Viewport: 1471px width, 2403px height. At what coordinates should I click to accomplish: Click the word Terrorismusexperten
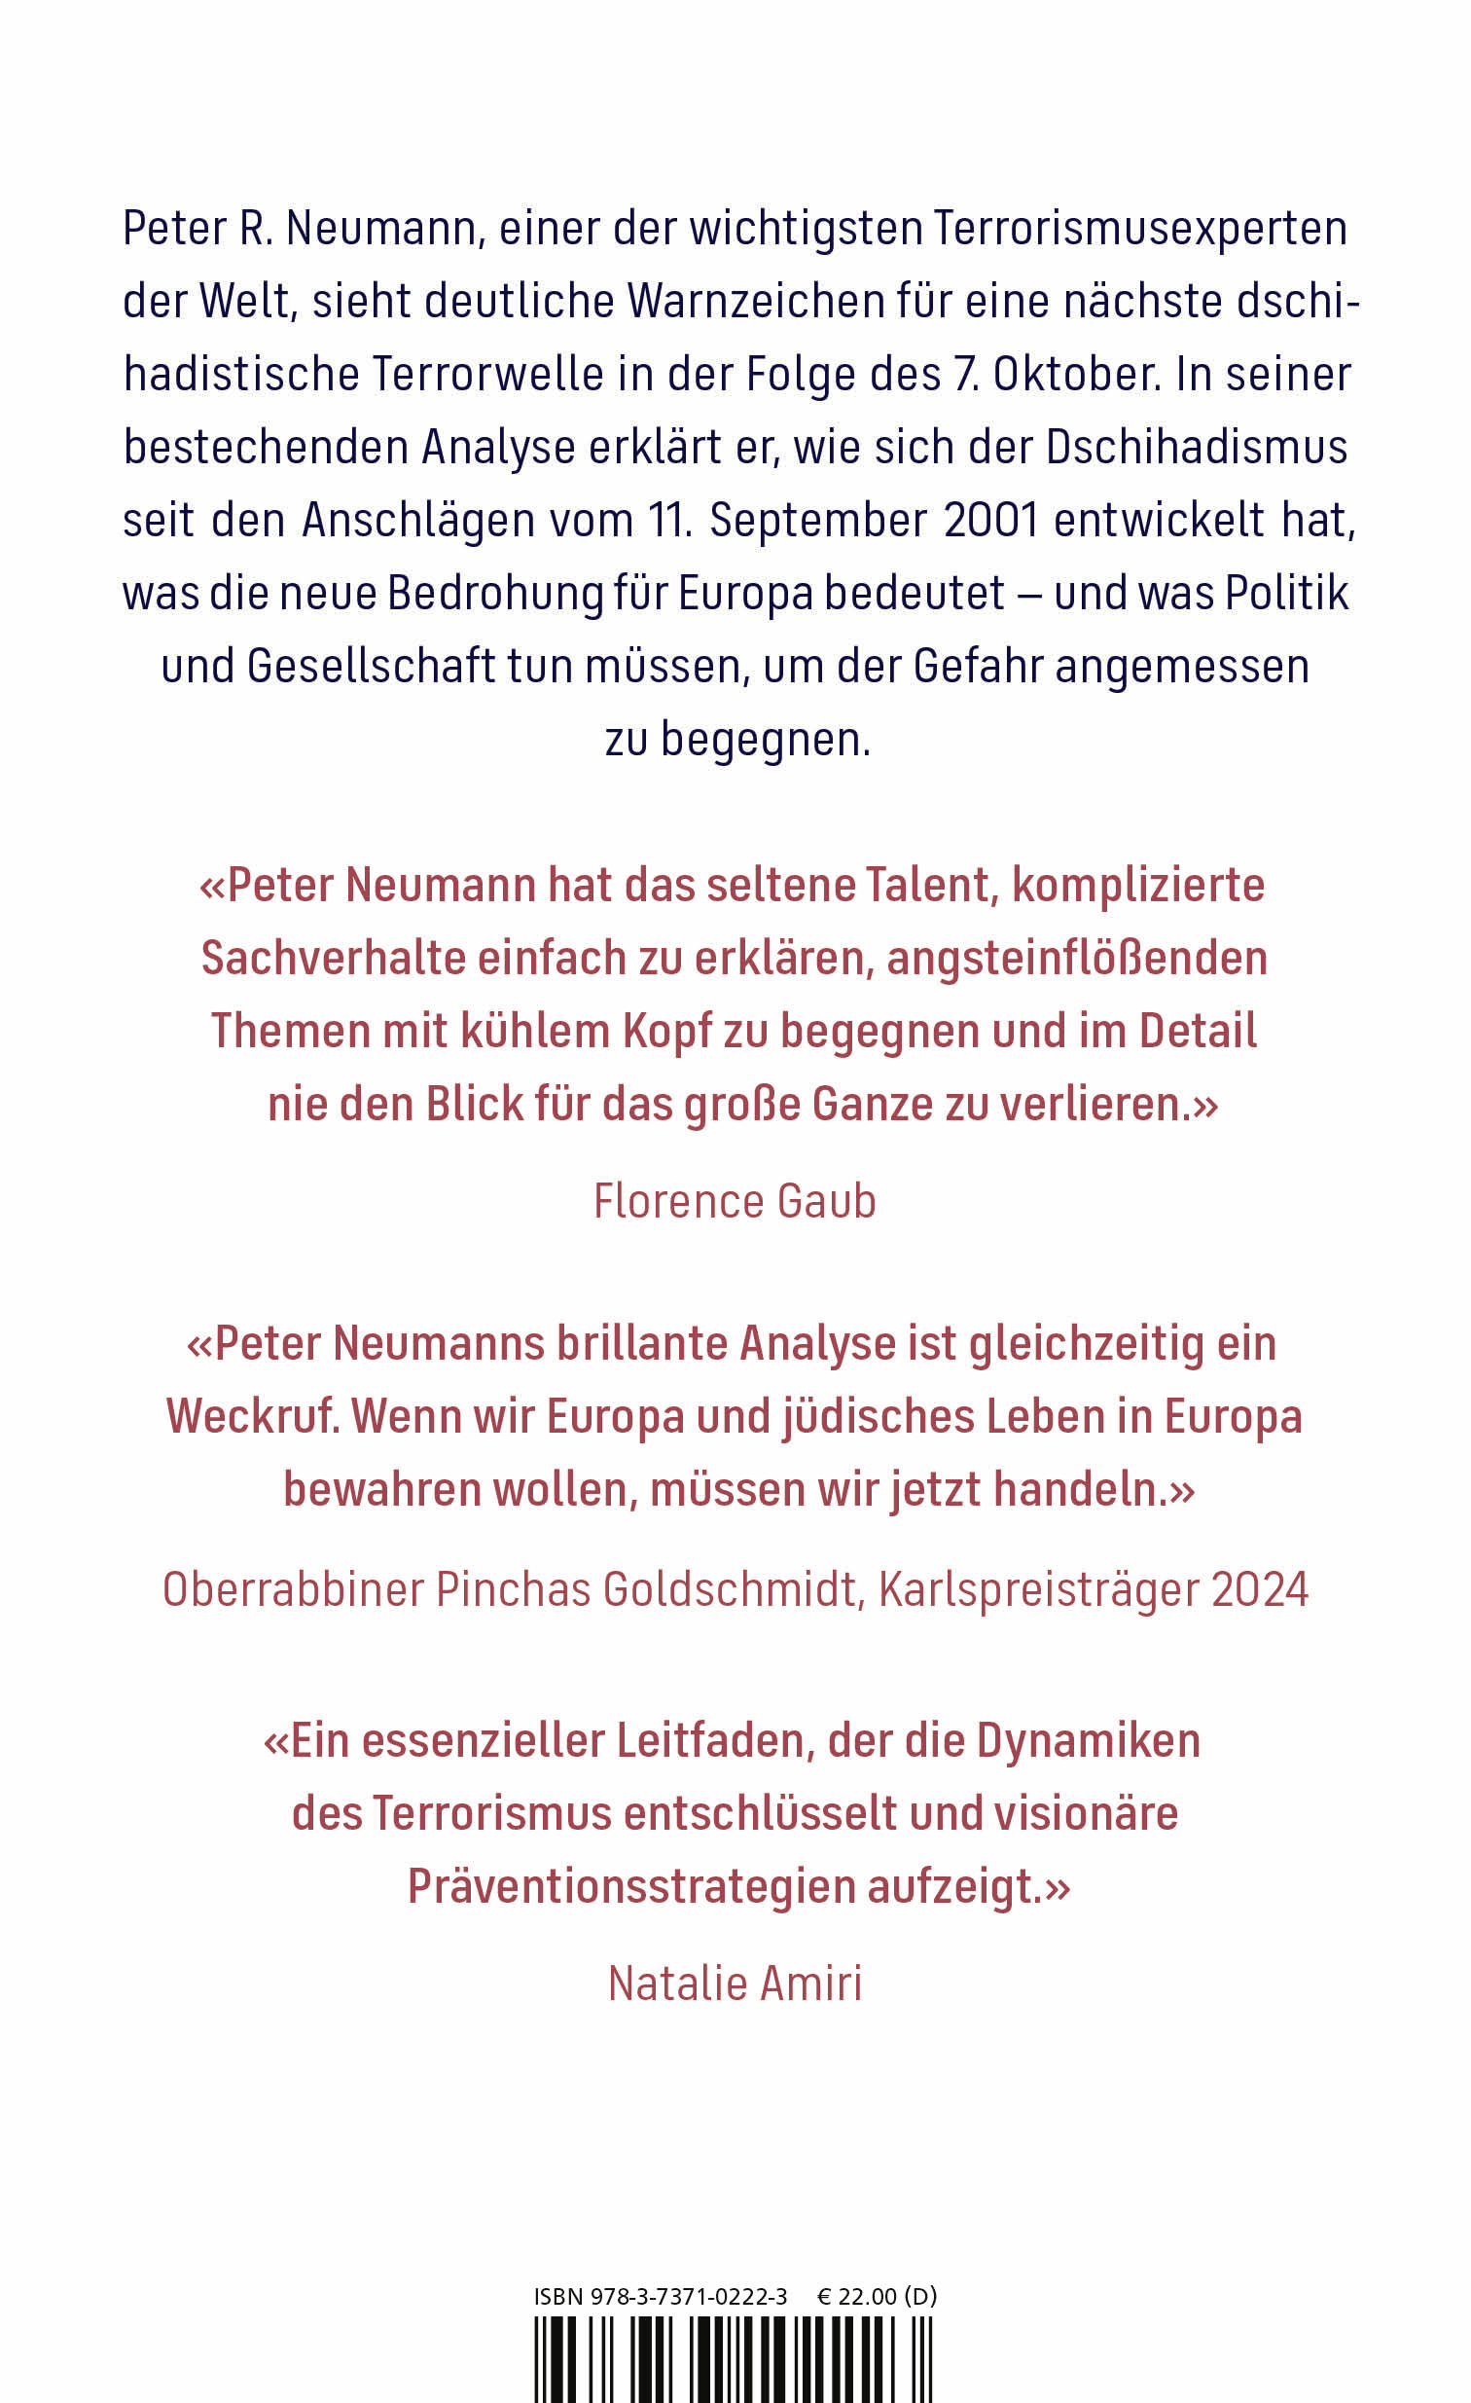1139,228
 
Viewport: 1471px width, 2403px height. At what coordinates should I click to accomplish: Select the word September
817,520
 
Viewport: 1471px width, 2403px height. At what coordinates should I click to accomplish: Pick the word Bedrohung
495,593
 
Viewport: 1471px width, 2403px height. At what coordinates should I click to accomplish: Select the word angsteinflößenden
1076,959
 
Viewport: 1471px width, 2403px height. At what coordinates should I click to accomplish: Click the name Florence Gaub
735,1200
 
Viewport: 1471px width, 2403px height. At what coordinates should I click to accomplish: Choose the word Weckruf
253,1416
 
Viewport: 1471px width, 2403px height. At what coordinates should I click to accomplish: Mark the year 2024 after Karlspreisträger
1259,1589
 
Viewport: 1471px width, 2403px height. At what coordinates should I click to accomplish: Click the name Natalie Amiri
735,1984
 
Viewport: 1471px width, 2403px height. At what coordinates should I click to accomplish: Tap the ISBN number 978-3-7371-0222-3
688,2297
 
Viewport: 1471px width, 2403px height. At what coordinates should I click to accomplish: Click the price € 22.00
856,2297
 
